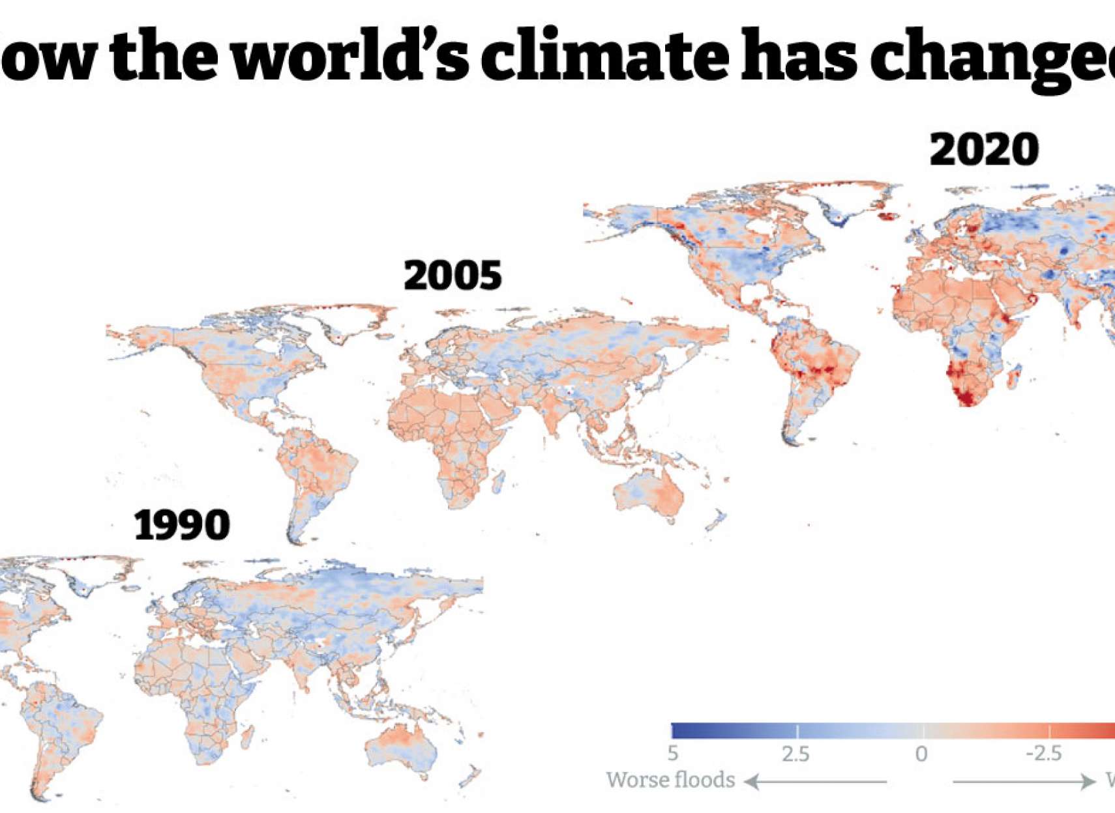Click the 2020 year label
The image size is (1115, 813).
click(984, 149)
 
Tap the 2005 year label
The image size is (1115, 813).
click(453, 276)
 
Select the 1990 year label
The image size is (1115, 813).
click(182, 525)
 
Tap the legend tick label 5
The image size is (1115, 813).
click(673, 754)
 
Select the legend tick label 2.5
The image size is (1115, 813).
click(795, 754)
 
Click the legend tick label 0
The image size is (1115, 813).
click(921, 754)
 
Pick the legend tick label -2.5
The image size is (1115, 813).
click(1044, 754)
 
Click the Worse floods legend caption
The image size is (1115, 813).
click(670, 780)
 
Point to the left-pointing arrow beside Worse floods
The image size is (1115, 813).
click(815, 780)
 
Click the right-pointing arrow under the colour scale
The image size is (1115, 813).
click(1024, 780)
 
